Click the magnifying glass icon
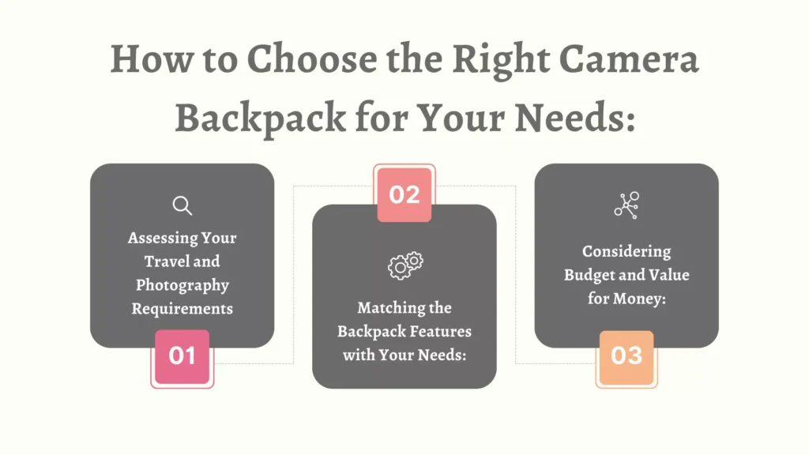click(x=182, y=205)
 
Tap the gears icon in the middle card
click(x=405, y=265)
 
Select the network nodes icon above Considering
click(x=627, y=205)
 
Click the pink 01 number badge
click(x=182, y=356)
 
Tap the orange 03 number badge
click(x=627, y=357)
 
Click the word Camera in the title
click(x=629, y=59)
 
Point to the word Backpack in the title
click(x=261, y=118)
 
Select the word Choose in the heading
click(x=312, y=58)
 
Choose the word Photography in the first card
click(x=182, y=285)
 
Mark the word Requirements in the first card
click(x=182, y=309)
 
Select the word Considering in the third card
click(x=627, y=252)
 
